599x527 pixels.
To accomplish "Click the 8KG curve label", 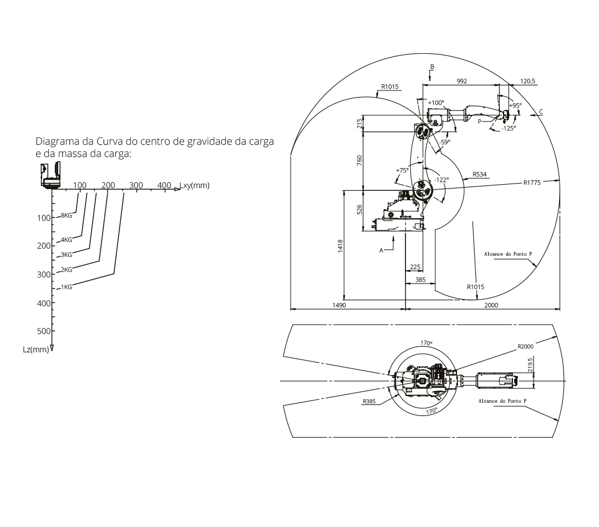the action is [x=67, y=216].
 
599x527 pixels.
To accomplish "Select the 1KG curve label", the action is [x=67, y=287].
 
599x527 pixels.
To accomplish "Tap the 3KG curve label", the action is [x=67, y=255].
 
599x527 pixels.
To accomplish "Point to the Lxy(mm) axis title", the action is [x=195, y=185].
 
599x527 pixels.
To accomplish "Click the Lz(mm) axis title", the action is [x=36, y=349].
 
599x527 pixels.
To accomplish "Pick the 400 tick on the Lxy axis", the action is [x=164, y=185].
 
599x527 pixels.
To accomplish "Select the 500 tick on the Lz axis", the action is [x=44, y=331].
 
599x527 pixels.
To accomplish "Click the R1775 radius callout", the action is [x=532, y=183].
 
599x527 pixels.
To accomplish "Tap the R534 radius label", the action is [x=479, y=174].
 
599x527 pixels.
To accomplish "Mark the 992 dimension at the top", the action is [x=462, y=81].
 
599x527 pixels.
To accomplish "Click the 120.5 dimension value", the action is [x=527, y=81].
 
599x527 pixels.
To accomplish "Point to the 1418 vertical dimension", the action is [x=341, y=245].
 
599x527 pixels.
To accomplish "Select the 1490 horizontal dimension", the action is [x=339, y=305].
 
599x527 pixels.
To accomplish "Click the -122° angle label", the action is [x=441, y=180].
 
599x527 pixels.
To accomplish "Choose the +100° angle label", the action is [x=436, y=103].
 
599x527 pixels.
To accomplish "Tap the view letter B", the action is [x=432, y=67].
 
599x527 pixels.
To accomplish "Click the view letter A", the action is [x=381, y=250].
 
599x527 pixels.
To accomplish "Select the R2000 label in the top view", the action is [x=525, y=346].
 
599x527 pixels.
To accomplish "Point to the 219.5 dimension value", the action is [x=530, y=365].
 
